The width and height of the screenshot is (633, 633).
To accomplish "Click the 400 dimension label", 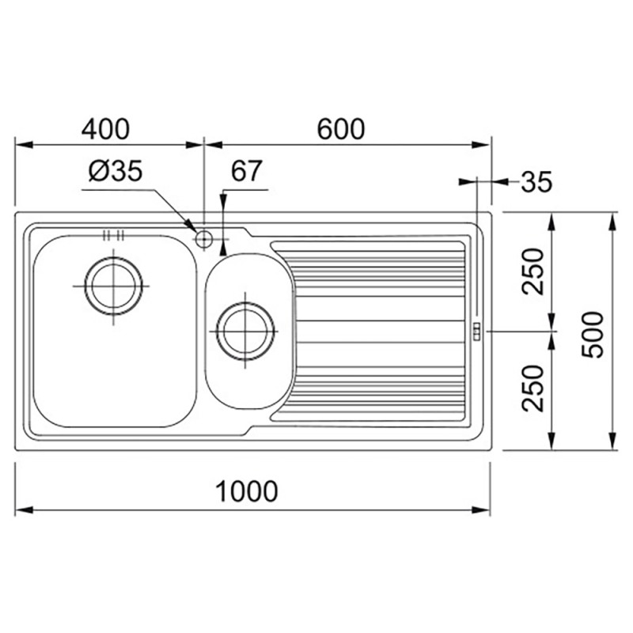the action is click(x=105, y=129).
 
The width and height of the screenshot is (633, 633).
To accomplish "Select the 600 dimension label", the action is click(x=341, y=129).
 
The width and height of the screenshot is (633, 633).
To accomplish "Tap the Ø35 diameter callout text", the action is click(x=116, y=171).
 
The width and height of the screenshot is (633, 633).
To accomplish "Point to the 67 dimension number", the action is click(x=246, y=171).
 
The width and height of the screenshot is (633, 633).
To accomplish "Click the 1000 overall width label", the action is click(x=246, y=491).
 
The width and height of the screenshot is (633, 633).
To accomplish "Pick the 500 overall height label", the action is click(x=592, y=335).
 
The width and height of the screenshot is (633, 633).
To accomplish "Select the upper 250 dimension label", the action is click(x=533, y=271).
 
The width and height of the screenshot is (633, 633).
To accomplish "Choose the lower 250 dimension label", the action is click(x=533, y=389).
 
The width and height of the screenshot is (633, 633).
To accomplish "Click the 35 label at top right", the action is click(x=536, y=182).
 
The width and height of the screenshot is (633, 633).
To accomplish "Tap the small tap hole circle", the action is click(x=204, y=239).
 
